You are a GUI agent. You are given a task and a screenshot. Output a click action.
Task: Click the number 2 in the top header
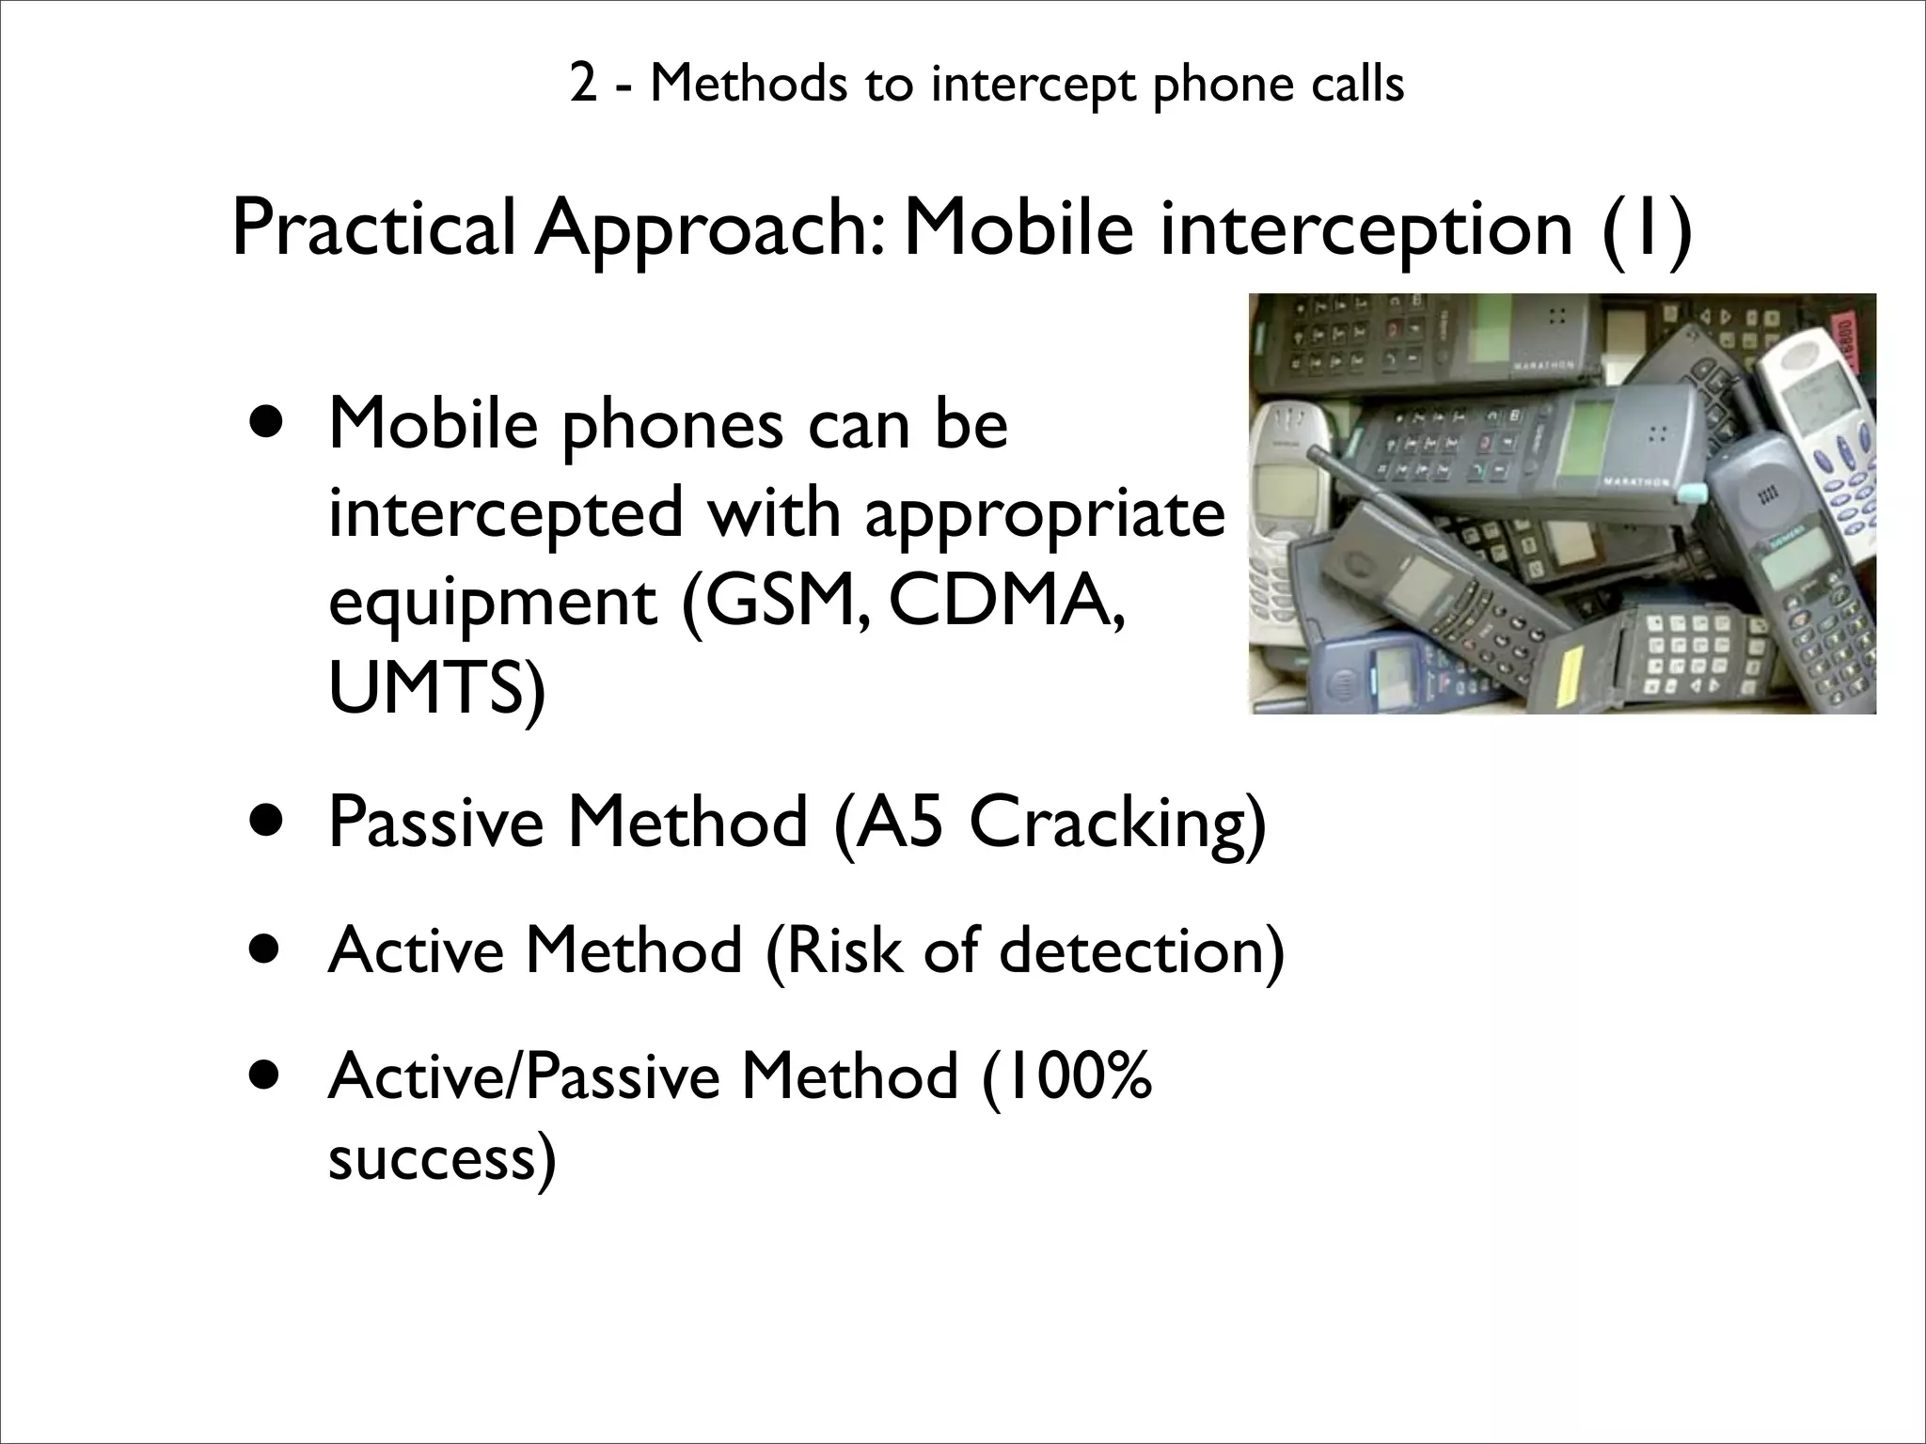click(583, 85)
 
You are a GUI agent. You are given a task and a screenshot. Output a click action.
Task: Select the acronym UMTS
click(435, 688)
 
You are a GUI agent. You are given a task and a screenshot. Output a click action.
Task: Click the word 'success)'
click(442, 1158)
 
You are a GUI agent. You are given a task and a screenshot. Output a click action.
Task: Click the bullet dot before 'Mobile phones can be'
click(266, 424)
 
